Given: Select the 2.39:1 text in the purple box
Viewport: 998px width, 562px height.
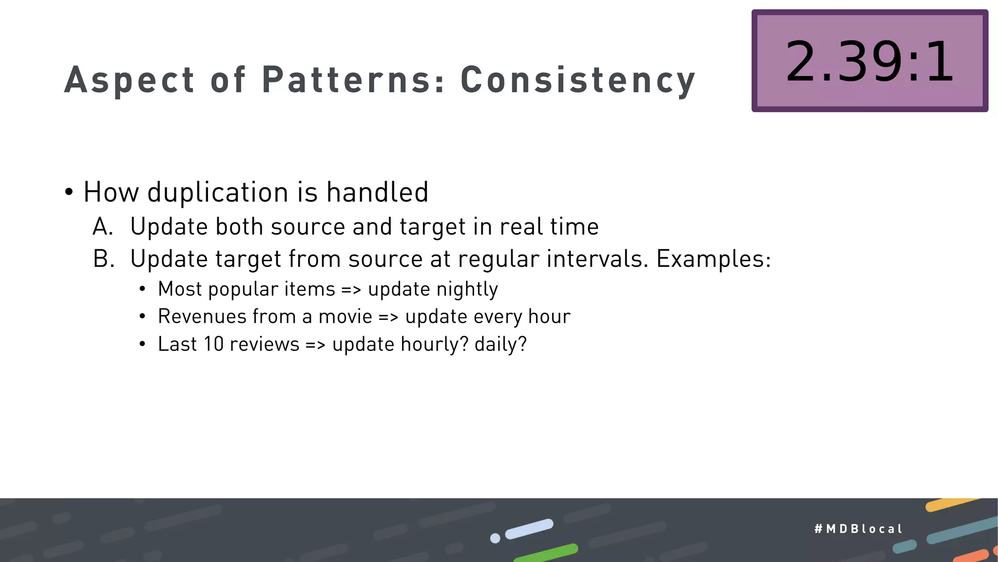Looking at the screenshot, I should point(869,62).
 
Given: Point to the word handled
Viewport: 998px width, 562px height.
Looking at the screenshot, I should point(377,192).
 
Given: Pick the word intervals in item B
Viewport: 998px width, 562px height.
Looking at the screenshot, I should point(597,259).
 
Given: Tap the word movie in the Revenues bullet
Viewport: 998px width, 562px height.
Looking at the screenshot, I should point(345,317).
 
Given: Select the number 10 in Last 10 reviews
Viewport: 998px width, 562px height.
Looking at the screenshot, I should point(213,344).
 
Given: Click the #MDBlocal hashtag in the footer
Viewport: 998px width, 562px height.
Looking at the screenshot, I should point(858,529).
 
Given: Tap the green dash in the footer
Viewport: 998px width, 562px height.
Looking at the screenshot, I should point(546,552).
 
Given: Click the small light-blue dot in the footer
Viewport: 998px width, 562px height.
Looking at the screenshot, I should point(495,538).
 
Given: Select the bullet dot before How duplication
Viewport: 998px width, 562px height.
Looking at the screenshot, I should point(69,192).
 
